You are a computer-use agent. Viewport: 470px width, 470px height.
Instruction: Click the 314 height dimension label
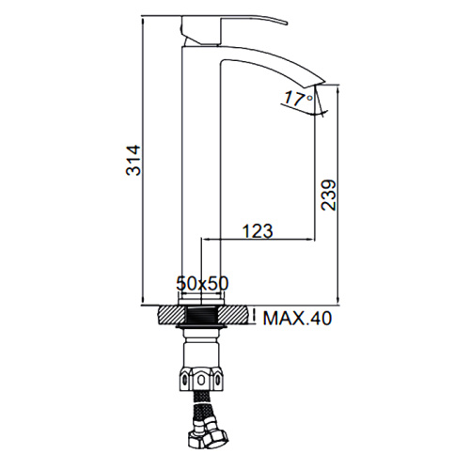133,160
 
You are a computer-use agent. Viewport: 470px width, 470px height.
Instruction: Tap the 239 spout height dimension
328,195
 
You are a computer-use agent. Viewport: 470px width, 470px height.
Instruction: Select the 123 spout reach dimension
258,231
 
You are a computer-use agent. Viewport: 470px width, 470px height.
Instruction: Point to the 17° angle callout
299,99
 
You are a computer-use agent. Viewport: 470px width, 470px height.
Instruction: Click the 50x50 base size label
202,283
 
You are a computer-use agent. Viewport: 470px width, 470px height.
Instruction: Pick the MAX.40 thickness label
297,319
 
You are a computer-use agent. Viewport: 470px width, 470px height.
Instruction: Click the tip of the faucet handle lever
287,23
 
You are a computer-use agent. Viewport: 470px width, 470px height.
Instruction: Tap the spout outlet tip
321,82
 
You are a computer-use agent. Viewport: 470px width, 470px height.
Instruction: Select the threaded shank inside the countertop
201,315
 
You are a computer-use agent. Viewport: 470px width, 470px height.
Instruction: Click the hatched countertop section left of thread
172,315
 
